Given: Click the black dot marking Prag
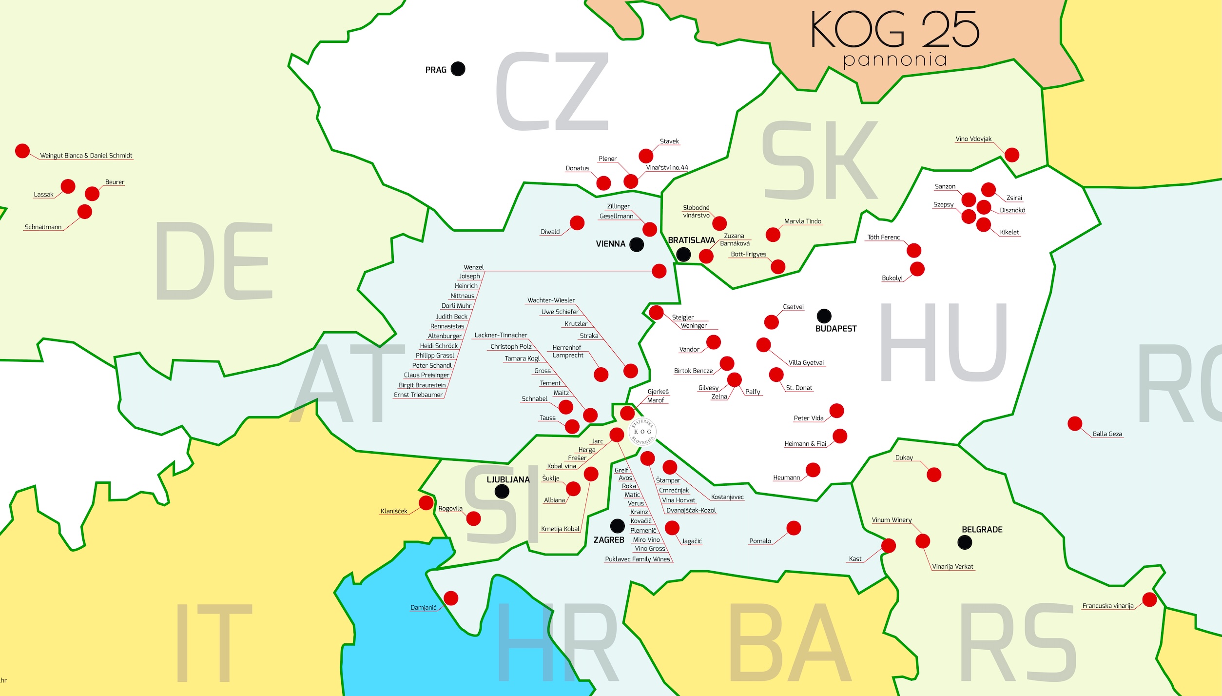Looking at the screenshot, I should (x=458, y=69).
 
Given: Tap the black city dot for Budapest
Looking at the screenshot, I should (x=824, y=316).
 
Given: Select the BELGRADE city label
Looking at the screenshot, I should (x=982, y=530).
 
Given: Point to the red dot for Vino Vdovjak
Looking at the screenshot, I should (x=1012, y=155).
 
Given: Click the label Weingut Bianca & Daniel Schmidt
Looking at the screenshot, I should (x=86, y=156).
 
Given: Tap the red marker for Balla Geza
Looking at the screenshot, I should (x=1075, y=423).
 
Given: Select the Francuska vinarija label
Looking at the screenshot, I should (x=1107, y=606).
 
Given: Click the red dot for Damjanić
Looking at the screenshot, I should (x=451, y=598).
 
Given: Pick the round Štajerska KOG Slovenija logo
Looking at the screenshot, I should (x=642, y=432).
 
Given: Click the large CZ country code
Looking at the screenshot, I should (x=553, y=91).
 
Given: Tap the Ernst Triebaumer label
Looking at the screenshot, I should (x=418, y=395).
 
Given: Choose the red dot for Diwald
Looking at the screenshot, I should (x=577, y=222).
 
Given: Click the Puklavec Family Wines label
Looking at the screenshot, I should (x=638, y=559).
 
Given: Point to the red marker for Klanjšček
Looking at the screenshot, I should (x=426, y=503).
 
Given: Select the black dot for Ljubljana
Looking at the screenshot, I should (x=502, y=491).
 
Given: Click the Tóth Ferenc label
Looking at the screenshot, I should (x=883, y=238).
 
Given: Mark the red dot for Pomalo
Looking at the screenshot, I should (x=794, y=528).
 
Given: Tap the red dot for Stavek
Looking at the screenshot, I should (x=646, y=156).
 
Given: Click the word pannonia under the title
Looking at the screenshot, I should (x=895, y=60).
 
